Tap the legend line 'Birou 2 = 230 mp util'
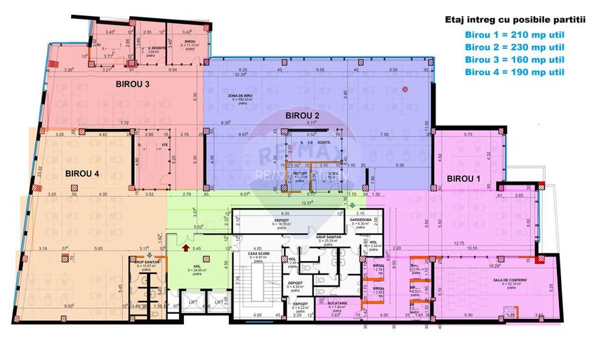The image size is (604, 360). point(514,47)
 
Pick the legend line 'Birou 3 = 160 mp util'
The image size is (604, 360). point(514,59)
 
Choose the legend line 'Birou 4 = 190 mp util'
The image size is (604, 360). point(514,71)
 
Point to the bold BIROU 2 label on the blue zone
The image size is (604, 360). point(303,116)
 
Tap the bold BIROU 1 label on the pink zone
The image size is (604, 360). point(463,179)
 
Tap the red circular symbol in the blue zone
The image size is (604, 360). point(405,89)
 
